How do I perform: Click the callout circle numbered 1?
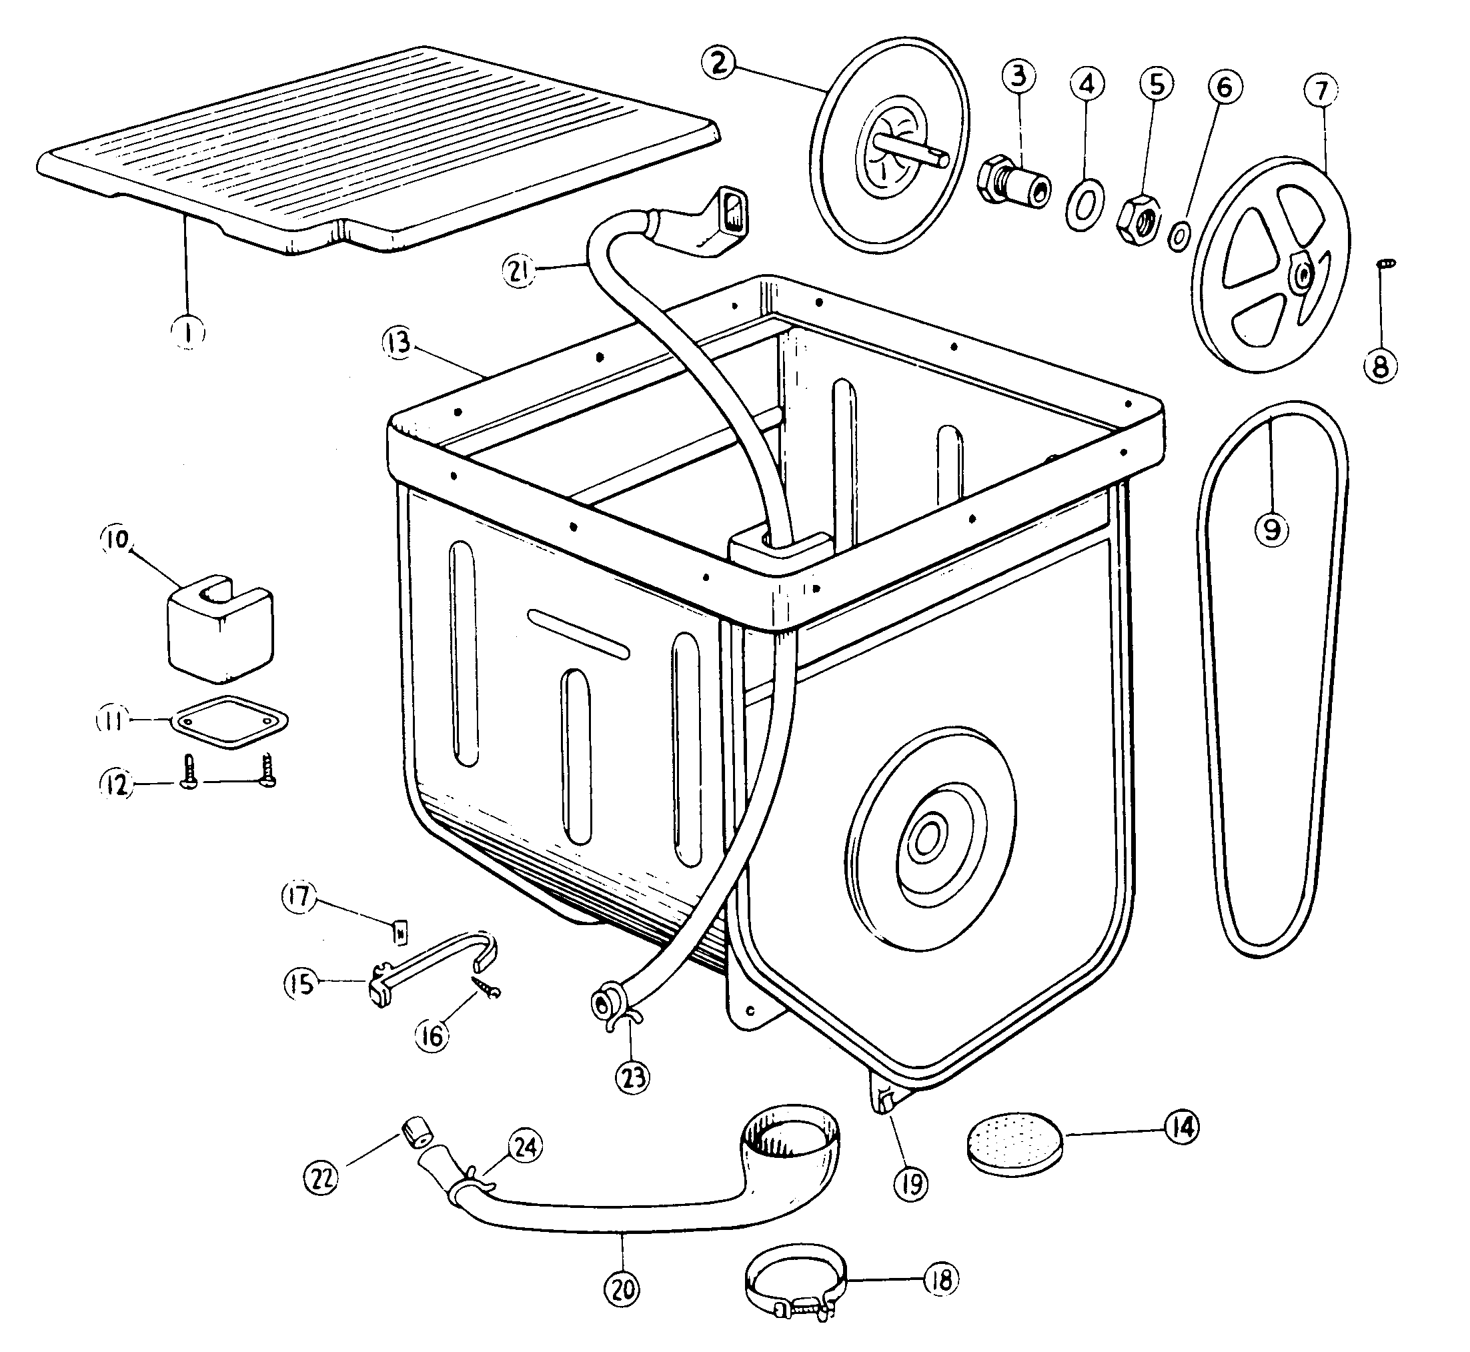(x=188, y=333)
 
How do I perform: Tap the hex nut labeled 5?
(x=1138, y=220)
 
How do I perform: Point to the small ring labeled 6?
(x=1179, y=236)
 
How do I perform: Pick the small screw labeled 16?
(x=484, y=987)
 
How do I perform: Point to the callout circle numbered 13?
(x=400, y=343)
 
